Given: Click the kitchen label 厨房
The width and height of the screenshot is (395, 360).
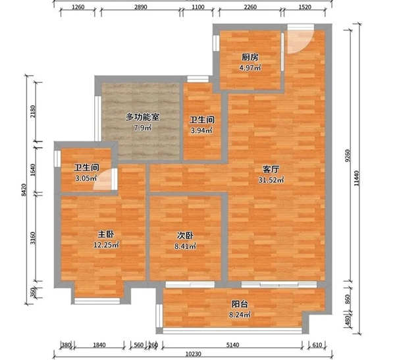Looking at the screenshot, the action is [x=250, y=57].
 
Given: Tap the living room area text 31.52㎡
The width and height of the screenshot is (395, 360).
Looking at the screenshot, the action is [x=271, y=180].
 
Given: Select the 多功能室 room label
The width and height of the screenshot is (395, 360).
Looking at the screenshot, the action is [x=142, y=117].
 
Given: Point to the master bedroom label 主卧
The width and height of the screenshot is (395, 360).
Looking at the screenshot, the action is [x=106, y=234].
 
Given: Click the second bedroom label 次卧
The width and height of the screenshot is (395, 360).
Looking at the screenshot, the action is [x=185, y=236].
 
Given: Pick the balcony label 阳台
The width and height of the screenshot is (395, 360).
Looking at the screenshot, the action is [x=240, y=304].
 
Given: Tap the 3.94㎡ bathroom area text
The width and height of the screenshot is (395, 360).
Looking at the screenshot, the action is [x=201, y=130].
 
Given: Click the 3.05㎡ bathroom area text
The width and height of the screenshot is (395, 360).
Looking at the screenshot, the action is [x=86, y=178].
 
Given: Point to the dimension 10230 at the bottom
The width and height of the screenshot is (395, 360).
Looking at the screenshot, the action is [x=194, y=354].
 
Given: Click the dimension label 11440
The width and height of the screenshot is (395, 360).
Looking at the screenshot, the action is [x=356, y=178].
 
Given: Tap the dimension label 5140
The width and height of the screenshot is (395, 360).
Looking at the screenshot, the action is [x=232, y=345].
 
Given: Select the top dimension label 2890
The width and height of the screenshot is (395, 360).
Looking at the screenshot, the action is [x=141, y=7].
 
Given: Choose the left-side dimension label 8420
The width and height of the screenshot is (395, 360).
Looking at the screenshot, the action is [x=24, y=190].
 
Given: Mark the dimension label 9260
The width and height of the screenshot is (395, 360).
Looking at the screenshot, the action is [x=348, y=156].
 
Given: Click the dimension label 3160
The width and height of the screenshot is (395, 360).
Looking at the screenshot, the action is [x=33, y=238].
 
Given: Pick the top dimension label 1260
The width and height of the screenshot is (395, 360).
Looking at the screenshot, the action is [x=78, y=7].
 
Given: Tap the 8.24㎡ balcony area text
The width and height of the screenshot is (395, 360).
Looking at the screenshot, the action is [x=240, y=315].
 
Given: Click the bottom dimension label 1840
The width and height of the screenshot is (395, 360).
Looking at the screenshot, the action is [x=99, y=345].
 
